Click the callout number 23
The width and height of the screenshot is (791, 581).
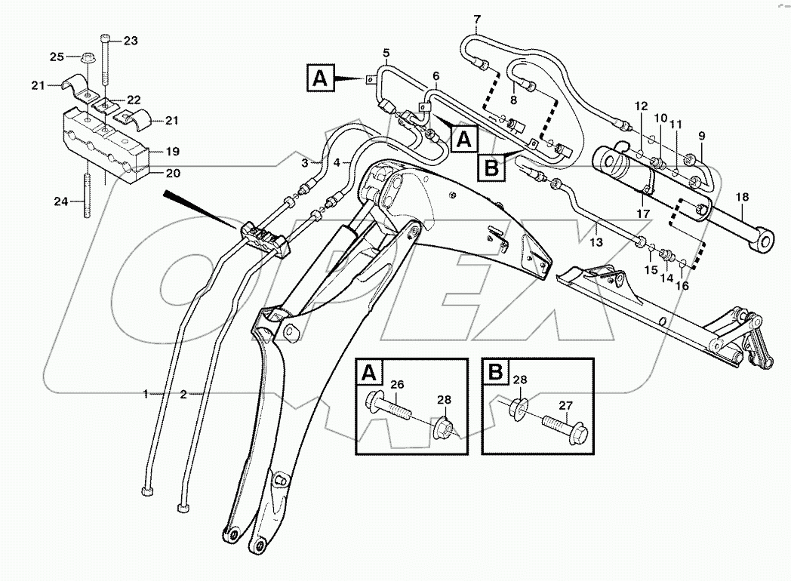tap(131, 41)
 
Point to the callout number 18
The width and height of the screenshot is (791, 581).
tap(743, 197)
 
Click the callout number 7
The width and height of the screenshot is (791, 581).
tap(476, 17)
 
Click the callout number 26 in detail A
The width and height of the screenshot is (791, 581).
tap(397, 385)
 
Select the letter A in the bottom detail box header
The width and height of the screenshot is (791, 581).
tap(369, 372)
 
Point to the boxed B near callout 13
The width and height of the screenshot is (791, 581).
tap(491, 166)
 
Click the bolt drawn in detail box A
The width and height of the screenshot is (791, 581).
tap(391, 407)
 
